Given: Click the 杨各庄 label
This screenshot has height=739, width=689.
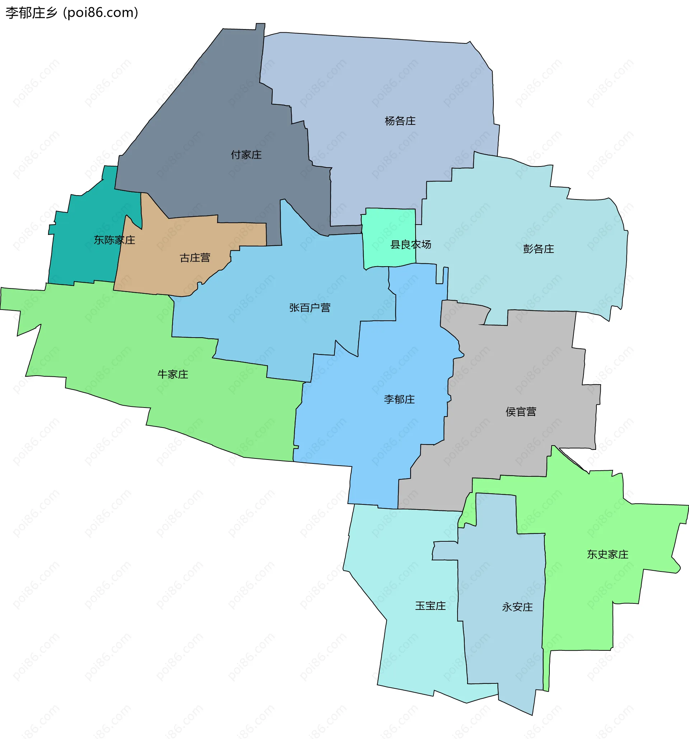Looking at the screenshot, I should pyautogui.click(x=400, y=121).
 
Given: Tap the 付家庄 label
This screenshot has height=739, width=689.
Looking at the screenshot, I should pyautogui.click(x=246, y=155).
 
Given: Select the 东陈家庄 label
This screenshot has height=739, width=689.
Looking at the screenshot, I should pyautogui.click(x=114, y=240).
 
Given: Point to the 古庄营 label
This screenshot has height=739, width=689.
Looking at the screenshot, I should pyautogui.click(x=195, y=258).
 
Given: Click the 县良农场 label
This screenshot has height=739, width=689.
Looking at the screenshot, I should pyautogui.click(x=411, y=245).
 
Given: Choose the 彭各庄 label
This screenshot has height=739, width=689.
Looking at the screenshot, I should pyautogui.click(x=538, y=249).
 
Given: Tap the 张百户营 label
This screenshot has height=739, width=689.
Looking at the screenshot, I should pyautogui.click(x=310, y=308).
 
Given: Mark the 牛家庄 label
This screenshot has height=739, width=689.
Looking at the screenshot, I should pyautogui.click(x=173, y=374).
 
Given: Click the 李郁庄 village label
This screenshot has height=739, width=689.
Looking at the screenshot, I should pyautogui.click(x=399, y=399).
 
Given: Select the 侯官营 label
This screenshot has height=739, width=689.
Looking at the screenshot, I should pyautogui.click(x=521, y=411).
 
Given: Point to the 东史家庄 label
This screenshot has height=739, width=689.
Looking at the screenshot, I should pyautogui.click(x=608, y=554).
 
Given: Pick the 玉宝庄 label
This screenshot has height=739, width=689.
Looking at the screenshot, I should pyautogui.click(x=430, y=606).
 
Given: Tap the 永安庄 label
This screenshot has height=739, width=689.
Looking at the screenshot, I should pyautogui.click(x=517, y=607).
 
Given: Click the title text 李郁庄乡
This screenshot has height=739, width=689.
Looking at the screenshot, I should pyautogui.click(x=32, y=13).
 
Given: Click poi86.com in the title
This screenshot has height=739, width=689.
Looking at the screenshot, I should pyautogui.click(x=101, y=13).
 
